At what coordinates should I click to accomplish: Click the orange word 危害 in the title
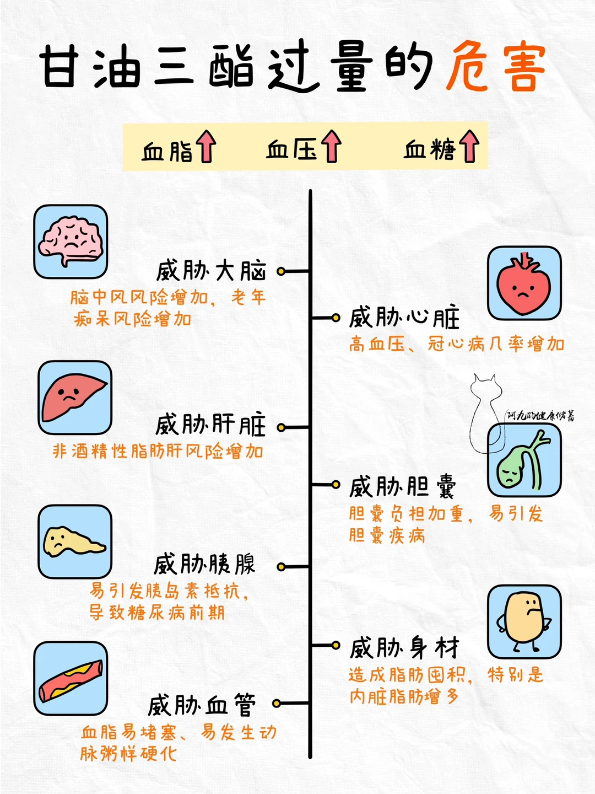(x=495, y=68)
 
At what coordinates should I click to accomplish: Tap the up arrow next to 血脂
(x=207, y=146)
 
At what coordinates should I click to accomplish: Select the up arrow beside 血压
(x=332, y=146)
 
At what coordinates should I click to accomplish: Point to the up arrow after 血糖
(x=469, y=146)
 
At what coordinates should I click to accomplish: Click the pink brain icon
(x=71, y=242)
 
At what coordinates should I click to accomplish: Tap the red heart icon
(x=524, y=283)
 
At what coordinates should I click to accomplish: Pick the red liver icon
(x=74, y=398)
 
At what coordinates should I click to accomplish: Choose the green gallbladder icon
(x=524, y=460)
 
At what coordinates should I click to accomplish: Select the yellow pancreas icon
(x=74, y=541)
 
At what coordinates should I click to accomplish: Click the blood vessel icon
(x=71, y=679)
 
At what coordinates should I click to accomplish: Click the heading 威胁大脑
(x=212, y=271)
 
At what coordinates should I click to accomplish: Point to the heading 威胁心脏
(x=404, y=318)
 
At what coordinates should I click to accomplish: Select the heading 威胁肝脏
(x=210, y=425)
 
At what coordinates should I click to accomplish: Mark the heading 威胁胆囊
(x=403, y=487)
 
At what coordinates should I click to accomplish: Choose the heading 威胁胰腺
(x=204, y=565)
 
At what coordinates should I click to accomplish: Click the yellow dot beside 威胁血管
(x=277, y=703)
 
